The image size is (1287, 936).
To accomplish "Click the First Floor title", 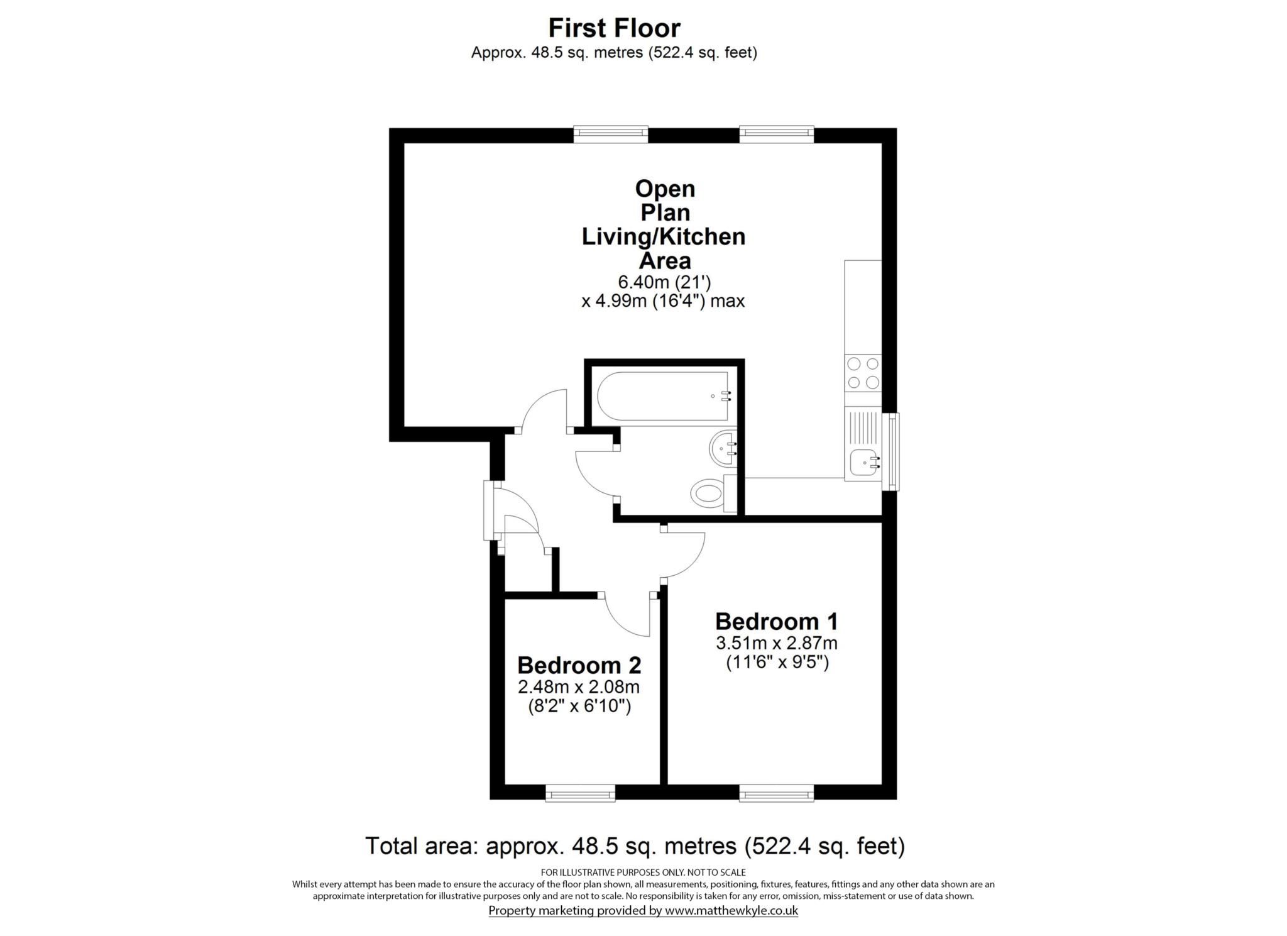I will [x=614, y=28].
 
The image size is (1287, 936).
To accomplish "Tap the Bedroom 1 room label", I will [x=776, y=621].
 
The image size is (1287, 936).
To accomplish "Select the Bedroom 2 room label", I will [x=579, y=664].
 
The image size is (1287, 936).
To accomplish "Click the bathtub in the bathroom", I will [x=662, y=396].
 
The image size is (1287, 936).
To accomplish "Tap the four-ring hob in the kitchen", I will [x=863, y=373].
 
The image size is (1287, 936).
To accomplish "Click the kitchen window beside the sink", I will [x=891, y=451].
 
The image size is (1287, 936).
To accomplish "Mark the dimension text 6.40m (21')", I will [x=664, y=282].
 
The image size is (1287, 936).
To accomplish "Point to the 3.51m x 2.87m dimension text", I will [x=776, y=643].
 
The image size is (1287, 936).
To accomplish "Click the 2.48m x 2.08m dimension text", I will [x=579, y=686].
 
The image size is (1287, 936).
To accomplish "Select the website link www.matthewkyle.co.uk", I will [x=731, y=910].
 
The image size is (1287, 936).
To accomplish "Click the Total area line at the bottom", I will [x=635, y=845].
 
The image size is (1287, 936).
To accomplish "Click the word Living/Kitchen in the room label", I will [x=664, y=236].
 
